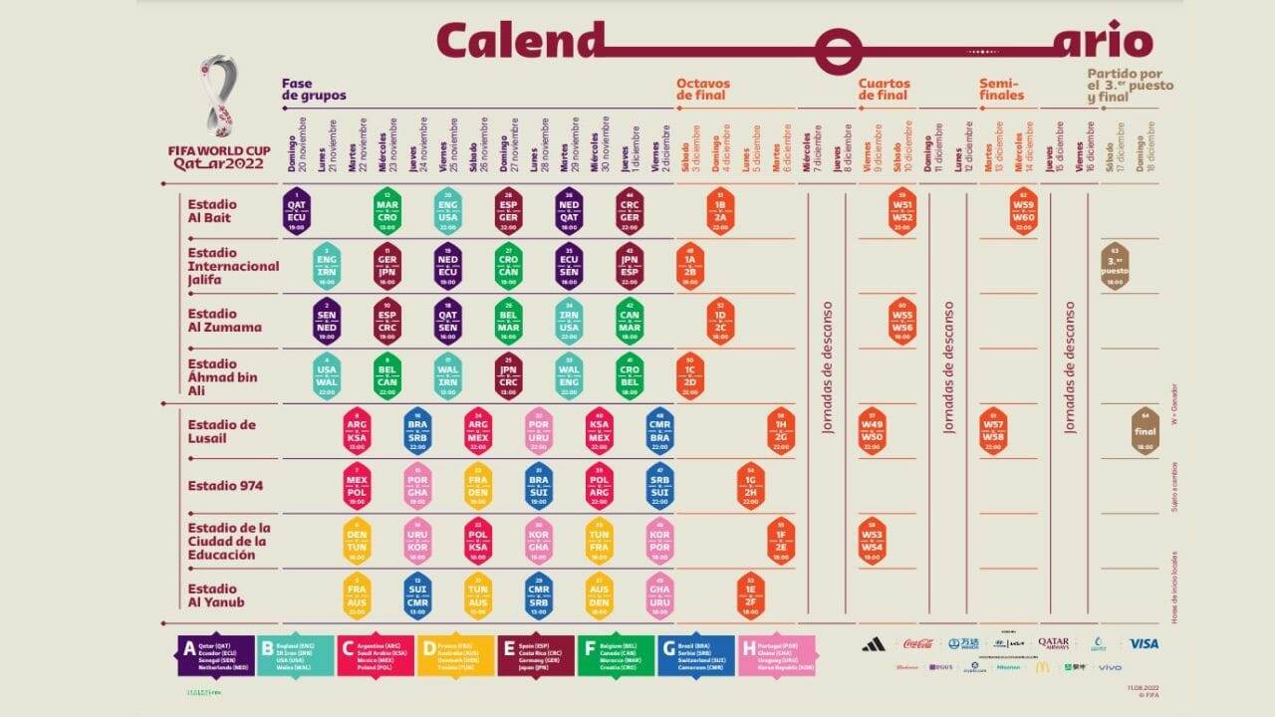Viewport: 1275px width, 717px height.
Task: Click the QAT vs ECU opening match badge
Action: pyautogui.click(x=297, y=211)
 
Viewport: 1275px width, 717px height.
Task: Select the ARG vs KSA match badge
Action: pyautogui.click(x=357, y=432)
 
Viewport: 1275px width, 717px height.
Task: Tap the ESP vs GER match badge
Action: pyautogui.click(x=508, y=211)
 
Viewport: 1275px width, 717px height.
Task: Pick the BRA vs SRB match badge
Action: pyautogui.click(x=417, y=432)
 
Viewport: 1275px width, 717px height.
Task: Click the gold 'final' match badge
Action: pyautogui.click(x=1145, y=431)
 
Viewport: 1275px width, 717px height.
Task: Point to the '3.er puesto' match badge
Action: pyautogui.click(x=1115, y=267)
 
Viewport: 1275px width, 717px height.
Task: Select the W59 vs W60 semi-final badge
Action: pyautogui.click(x=1023, y=211)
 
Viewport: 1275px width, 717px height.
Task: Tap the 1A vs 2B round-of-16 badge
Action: pyautogui.click(x=688, y=267)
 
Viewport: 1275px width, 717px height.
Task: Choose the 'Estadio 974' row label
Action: pyautogui.click(x=225, y=486)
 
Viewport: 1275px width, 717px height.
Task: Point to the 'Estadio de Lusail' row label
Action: pyautogui.click(x=221, y=431)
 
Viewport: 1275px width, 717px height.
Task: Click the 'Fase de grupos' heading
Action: pyautogui.click(x=314, y=90)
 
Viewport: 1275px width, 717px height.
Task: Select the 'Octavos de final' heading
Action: pyautogui.click(x=703, y=90)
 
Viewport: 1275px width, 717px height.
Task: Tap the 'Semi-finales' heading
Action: pyautogui.click(x=1001, y=90)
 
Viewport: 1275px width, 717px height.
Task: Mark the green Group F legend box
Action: pyautogui.click(x=616, y=656)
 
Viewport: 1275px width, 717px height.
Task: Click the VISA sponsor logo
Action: pyautogui.click(x=1143, y=644)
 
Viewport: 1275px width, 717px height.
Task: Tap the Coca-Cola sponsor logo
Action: pyautogui.click(x=917, y=644)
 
